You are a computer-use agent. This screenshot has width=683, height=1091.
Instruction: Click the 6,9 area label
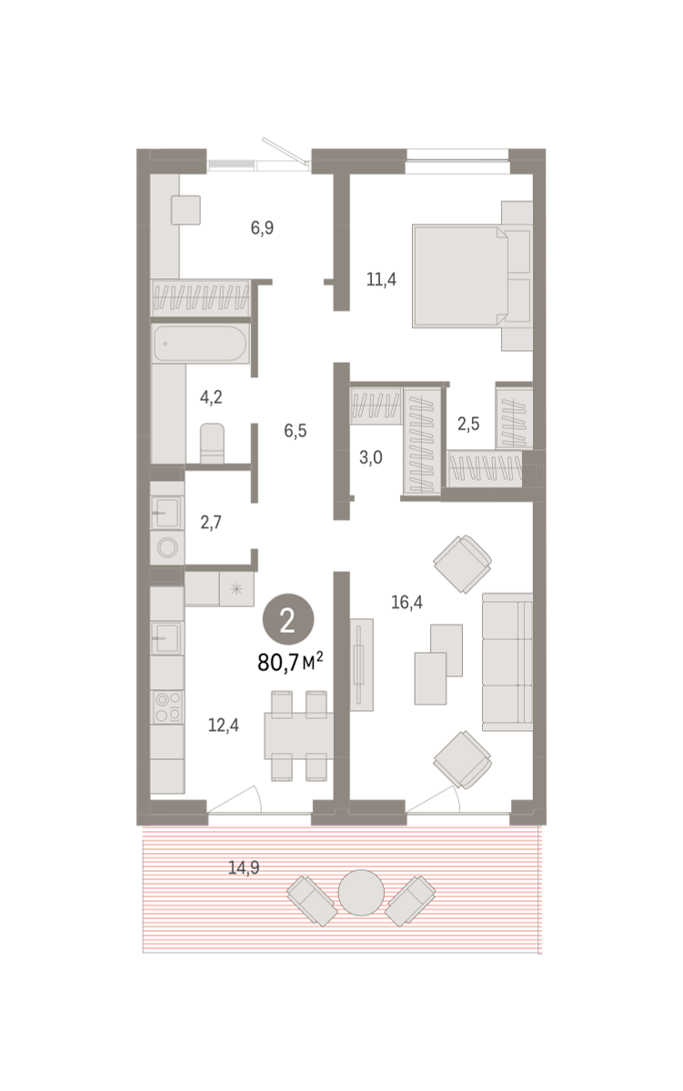[262, 228]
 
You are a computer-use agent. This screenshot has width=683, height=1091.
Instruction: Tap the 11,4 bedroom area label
[381, 280]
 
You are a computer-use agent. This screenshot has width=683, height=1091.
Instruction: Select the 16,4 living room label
[407, 603]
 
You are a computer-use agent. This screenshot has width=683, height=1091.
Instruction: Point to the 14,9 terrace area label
[244, 867]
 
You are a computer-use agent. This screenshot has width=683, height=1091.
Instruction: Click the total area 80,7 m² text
[290, 662]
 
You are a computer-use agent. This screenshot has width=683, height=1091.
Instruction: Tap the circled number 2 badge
[288, 619]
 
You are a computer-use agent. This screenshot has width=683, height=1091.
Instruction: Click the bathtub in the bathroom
[201, 344]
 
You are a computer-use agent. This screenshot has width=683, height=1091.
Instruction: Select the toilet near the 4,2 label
[213, 444]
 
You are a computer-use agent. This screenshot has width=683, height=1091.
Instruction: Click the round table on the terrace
[361, 893]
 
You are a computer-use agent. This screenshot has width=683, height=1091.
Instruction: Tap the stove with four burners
[167, 707]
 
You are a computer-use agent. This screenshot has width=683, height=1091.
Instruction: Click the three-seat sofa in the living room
[507, 662]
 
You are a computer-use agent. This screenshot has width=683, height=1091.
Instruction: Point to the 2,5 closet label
[468, 425]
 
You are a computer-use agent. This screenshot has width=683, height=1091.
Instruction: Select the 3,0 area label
[371, 458]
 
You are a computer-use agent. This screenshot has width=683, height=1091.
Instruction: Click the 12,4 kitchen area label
[224, 726]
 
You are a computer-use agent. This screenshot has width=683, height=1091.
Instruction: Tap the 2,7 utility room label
[211, 523]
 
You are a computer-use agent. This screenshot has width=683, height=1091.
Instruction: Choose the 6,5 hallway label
[296, 431]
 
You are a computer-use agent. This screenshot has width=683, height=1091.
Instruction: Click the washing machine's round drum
[167, 547]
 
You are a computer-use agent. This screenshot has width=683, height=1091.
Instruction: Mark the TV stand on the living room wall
[361, 665]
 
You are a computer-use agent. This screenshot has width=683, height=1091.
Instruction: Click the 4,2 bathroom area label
[211, 397]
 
